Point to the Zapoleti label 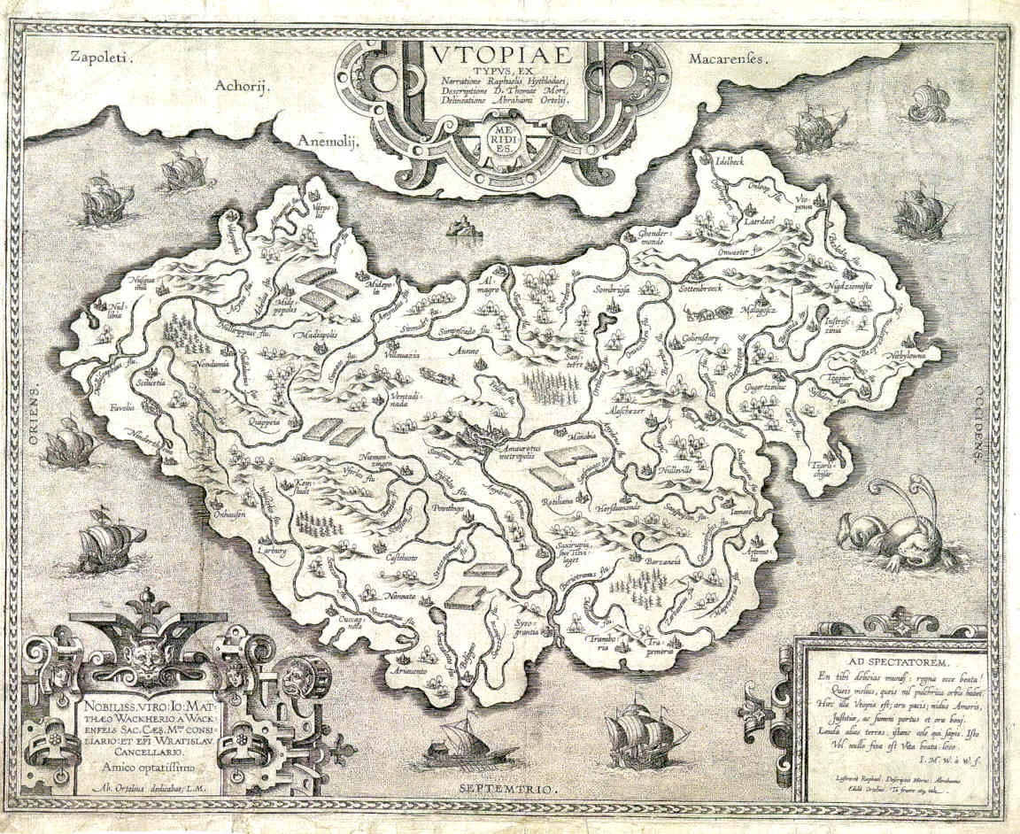98,58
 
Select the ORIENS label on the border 36,416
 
